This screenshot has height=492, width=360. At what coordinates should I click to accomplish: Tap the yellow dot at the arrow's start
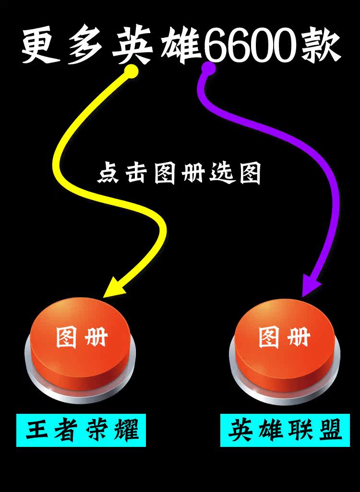click(131, 71)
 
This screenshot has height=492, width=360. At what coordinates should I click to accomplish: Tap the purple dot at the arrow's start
click(208, 69)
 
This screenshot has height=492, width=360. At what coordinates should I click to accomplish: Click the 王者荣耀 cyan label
click(81, 430)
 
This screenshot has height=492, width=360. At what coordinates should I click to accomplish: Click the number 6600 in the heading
click(250, 47)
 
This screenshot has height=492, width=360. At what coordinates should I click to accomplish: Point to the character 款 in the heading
click(322, 47)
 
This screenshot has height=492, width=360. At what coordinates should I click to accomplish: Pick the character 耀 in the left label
click(126, 430)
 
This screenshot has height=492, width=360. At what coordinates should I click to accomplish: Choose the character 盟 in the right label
click(330, 430)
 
